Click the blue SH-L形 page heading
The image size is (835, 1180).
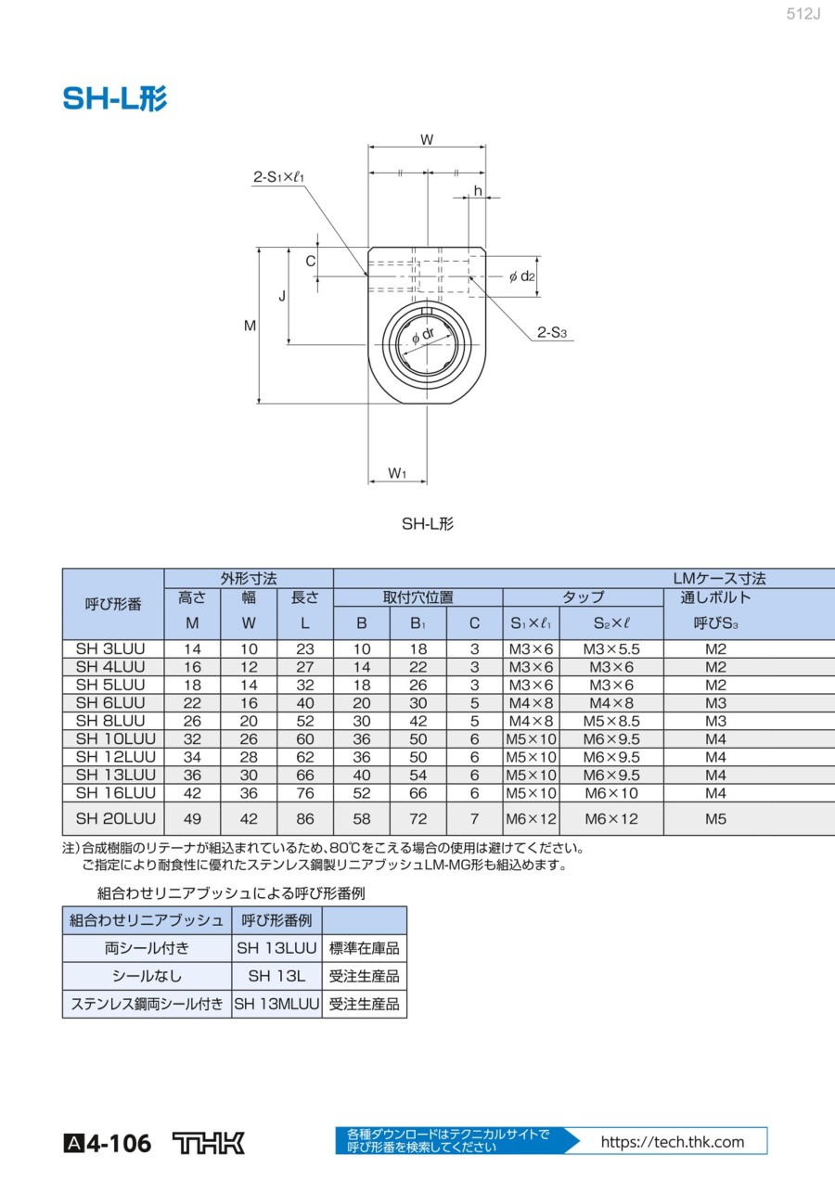115,99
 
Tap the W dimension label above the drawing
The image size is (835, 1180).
427,140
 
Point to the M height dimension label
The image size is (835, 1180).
250,326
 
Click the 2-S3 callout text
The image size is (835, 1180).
551,332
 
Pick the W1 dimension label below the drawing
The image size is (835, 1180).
397,473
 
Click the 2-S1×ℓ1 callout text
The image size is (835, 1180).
279,176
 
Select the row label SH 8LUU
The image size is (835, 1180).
110,721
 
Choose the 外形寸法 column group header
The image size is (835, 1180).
249,579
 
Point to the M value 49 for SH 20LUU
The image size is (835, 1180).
192,819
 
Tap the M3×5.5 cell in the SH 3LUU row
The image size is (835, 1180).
611,649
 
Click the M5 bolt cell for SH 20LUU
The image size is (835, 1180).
715,819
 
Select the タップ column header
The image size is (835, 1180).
584,597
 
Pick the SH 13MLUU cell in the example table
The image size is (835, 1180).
276,1004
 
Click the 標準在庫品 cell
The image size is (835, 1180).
364,948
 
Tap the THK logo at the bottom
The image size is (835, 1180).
209,1143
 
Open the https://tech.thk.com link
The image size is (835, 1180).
673,1142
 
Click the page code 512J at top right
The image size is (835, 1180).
803,16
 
